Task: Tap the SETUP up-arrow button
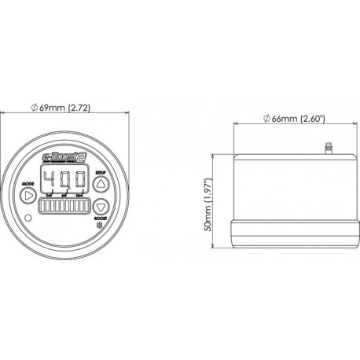pyautogui.click(x=101, y=185)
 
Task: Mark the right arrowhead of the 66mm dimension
pyautogui.click(x=338, y=126)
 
